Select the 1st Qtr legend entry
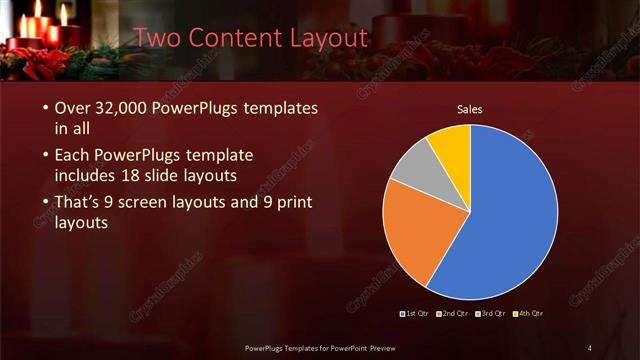point(416,314)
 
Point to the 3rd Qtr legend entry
point(491,314)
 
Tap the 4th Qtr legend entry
point(528,314)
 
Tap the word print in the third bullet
point(290,202)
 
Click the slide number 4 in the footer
point(589,348)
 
